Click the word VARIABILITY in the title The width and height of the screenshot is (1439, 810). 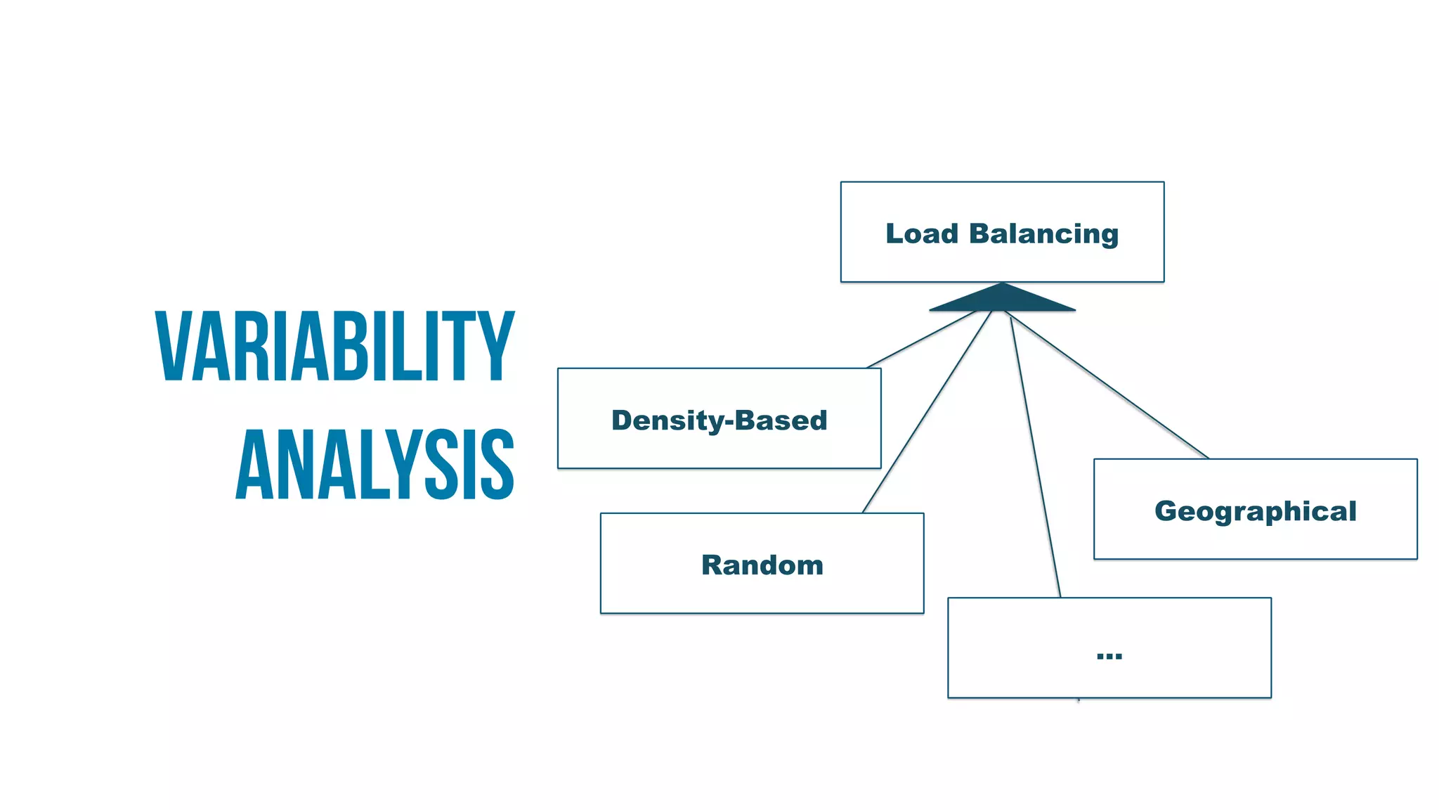pyautogui.click(x=335, y=347)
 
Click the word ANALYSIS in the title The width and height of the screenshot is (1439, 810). pyautogui.click(x=375, y=465)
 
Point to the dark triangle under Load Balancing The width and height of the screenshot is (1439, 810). pyautogui.click(x=1002, y=299)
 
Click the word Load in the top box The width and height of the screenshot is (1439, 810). pyautogui.click(x=921, y=233)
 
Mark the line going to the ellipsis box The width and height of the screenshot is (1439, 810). pyautogui.click(x=1035, y=457)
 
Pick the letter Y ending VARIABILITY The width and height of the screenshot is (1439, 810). pyautogui.click(x=497, y=347)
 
